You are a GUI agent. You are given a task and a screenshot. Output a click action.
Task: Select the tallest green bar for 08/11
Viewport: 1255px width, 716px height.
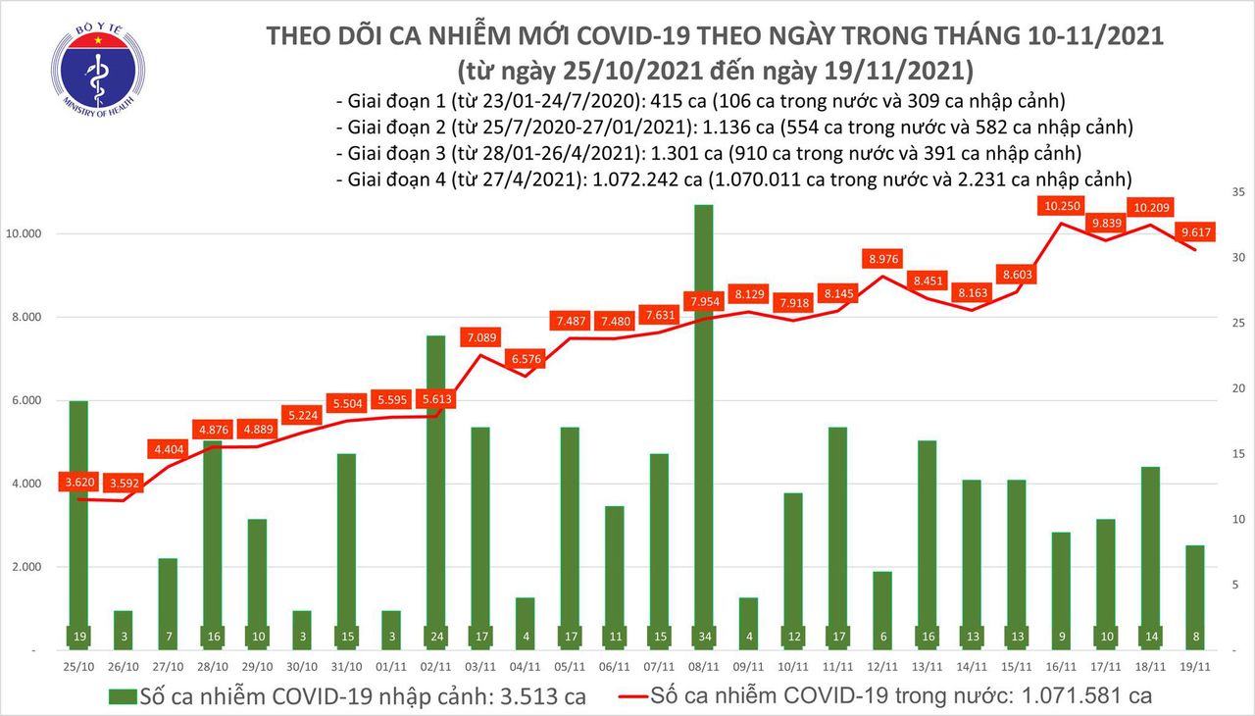[x=703, y=422]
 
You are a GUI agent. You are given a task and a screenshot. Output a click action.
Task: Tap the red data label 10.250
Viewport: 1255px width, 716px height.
[x=1063, y=206]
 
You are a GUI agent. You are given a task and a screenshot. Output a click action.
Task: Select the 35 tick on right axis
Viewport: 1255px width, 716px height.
[x=1210, y=192]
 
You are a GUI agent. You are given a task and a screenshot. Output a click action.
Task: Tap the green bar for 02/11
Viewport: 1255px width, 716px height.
[x=435, y=490]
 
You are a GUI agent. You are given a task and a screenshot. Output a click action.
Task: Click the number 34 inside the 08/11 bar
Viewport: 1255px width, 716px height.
[x=703, y=637]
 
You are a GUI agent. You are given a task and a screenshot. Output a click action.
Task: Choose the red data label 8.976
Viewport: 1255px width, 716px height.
[x=885, y=259]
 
